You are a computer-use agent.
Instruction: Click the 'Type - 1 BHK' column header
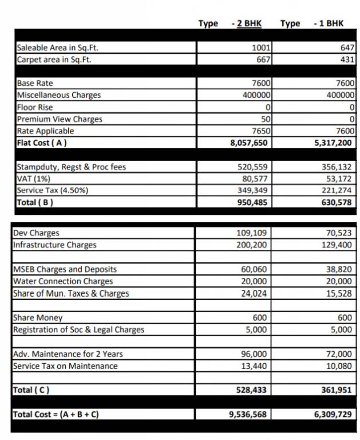click(312, 23)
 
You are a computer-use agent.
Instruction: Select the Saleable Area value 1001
click(262, 48)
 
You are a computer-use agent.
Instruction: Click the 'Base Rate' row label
click(35, 83)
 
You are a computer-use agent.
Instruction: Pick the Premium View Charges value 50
click(266, 119)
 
